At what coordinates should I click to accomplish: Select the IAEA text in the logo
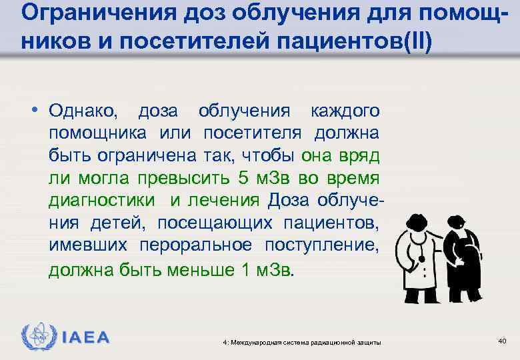click(x=85, y=337)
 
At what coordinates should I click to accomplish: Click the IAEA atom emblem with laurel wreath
click(x=35, y=336)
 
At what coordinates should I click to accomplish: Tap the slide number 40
click(x=501, y=341)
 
